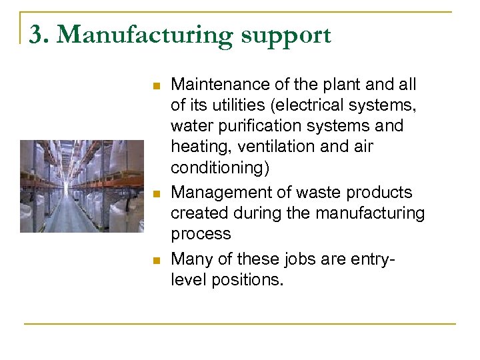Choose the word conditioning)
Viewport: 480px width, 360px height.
point(217,167)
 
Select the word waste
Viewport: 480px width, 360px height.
point(325,193)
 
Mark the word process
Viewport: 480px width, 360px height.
point(201,234)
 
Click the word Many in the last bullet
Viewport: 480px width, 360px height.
point(190,259)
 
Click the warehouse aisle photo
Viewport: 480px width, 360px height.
point(81,186)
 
